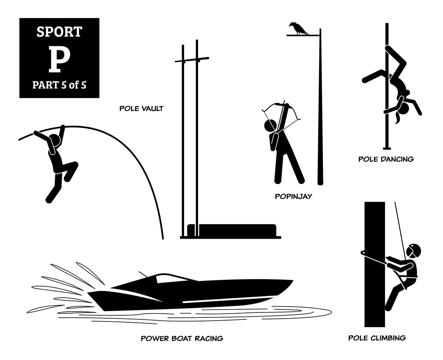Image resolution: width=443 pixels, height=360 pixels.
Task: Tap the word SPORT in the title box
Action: [59, 32]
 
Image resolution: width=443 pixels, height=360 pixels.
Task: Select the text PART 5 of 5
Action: [59, 85]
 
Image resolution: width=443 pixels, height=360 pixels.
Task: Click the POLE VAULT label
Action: [141, 109]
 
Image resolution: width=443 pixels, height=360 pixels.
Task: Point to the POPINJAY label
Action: [293, 196]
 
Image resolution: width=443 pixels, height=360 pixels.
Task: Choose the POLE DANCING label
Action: [386, 159]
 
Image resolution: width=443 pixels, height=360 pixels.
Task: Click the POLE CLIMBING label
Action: [377, 338]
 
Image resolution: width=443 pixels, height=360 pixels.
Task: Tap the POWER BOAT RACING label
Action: [182, 338]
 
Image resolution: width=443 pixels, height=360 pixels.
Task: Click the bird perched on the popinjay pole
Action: [299, 28]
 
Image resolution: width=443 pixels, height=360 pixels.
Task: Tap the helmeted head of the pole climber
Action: [414, 251]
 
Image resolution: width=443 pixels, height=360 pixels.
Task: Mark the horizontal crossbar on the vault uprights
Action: [192, 60]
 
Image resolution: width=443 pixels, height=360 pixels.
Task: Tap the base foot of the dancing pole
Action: [386, 148]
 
